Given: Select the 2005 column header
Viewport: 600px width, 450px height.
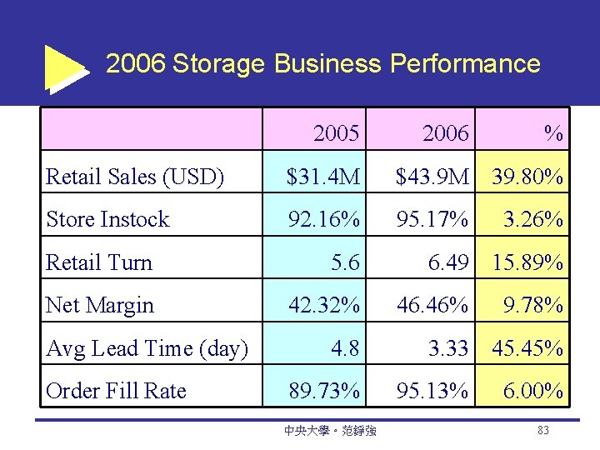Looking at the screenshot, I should point(337,132).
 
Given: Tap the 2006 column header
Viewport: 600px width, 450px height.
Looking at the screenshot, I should point(445,132).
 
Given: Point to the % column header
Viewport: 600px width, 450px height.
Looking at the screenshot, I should point(552,132).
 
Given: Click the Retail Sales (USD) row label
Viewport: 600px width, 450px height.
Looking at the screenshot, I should point(135,176).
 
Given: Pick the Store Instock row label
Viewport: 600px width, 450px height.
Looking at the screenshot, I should point(107,219).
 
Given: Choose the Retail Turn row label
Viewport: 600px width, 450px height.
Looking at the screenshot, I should point(99,262).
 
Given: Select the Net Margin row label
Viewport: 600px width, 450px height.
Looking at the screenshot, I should point(100,305).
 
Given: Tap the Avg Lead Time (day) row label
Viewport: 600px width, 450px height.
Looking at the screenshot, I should point(147,348).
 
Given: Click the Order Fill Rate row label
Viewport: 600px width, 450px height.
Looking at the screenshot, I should point(117,391).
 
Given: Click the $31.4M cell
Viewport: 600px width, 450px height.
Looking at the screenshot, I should point(323,176).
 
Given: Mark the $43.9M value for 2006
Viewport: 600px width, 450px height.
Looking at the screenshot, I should point(433,176).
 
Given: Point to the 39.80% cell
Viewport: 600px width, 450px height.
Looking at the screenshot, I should point(527,176).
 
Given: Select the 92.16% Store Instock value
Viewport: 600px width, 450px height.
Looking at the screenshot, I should point(324,219).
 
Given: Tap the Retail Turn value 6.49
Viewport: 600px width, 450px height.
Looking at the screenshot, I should point(448,262).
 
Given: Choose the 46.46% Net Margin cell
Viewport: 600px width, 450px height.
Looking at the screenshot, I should point(432,305).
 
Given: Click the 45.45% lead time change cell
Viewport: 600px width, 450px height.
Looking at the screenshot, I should point(527,348).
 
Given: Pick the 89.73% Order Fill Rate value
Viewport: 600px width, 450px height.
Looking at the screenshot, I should point(324,391).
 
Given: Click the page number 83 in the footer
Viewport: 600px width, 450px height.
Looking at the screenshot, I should point(542,430).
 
